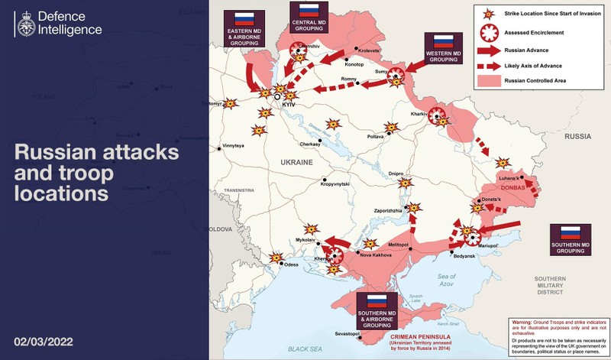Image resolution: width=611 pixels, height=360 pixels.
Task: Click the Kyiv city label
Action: click(288, 103)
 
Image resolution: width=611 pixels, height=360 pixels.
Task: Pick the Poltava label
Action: click(376, 136)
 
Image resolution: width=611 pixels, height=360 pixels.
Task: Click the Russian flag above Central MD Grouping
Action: click(309, 10)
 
